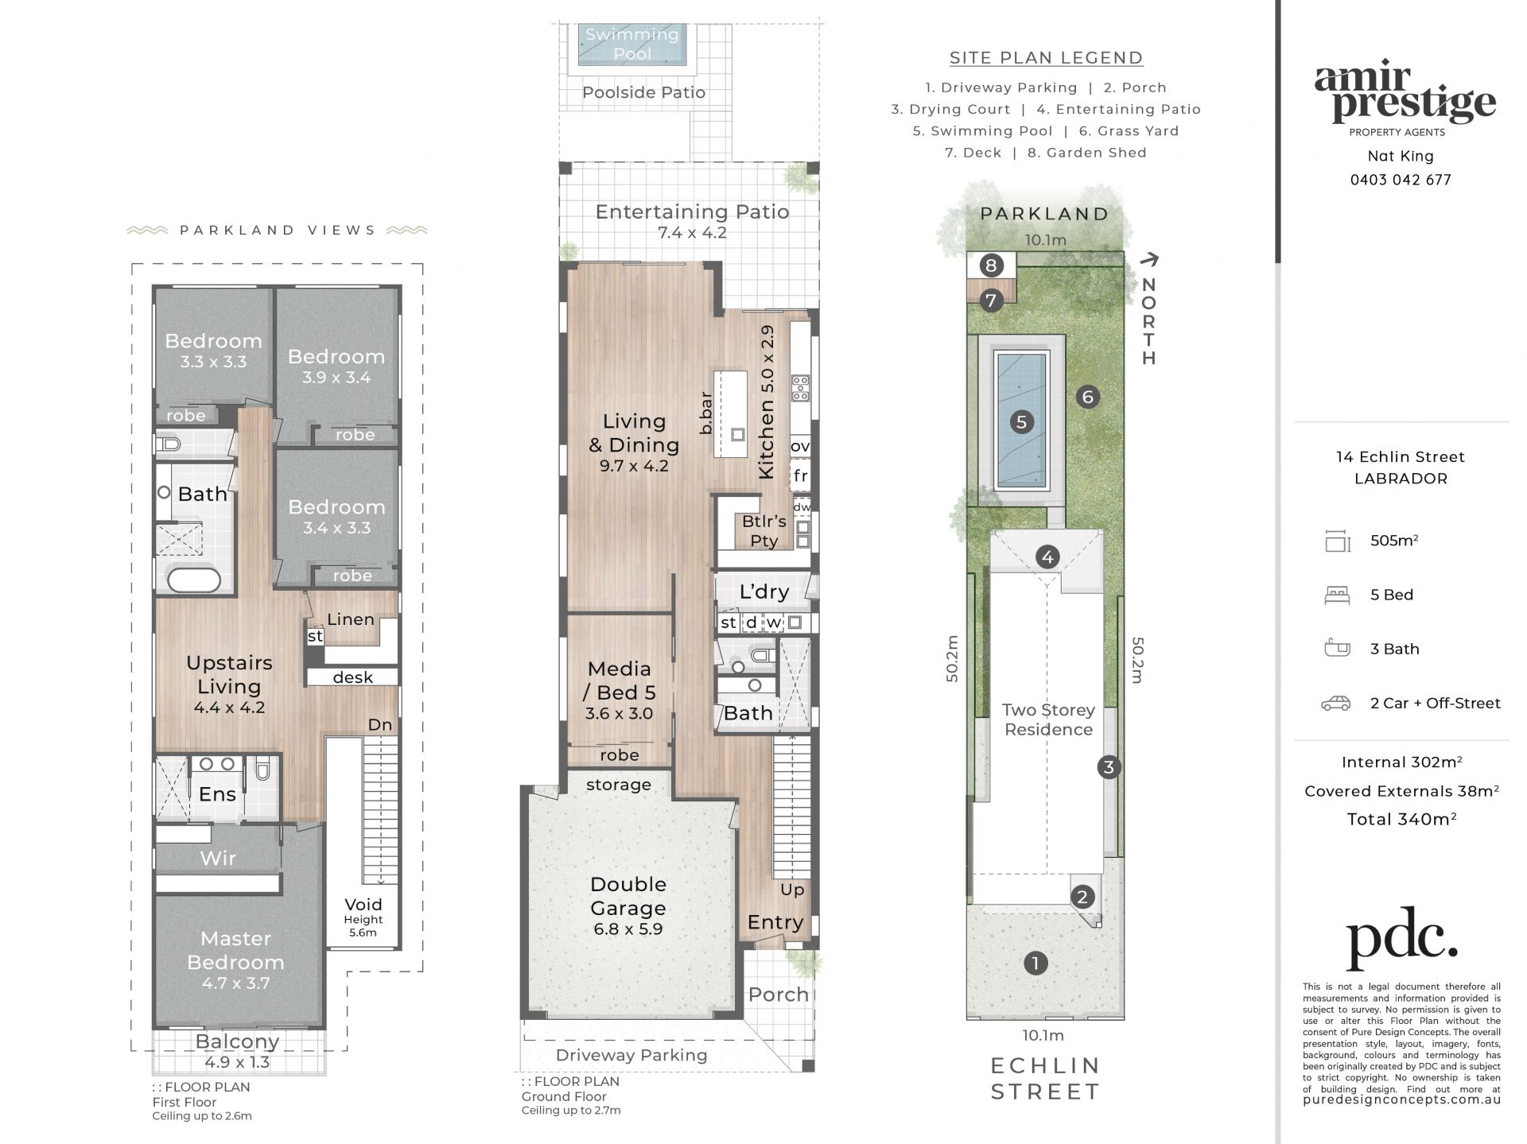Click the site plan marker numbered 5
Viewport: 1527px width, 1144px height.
(x=1021, y=421)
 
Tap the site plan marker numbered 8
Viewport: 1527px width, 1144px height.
(x=990, y=265)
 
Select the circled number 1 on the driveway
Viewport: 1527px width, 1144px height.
(x=1035, y=963)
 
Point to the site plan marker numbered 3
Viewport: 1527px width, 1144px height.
(x=1109, y=766)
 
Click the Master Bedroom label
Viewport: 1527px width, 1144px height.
(x=235, y=950)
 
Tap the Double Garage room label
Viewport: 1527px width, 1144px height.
(x=628, y=896)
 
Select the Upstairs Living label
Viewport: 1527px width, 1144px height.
(x=229, y=674)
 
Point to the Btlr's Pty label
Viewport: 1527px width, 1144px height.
(x=763, y=531)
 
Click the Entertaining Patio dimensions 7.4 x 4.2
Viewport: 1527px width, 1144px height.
(x=692, y=233)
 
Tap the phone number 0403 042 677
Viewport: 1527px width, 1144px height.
(x=1401, y=180)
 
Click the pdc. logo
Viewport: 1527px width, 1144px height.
(x=1401, y=938)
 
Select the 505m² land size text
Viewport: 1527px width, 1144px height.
(x=1394, y=541)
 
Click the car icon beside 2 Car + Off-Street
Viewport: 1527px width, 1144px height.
(x=1336, y=704)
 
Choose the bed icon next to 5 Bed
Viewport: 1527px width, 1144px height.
(x=1337, y=595)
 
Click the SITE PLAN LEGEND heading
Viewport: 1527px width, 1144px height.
(x=1046, y=58)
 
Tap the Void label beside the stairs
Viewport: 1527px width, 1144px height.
(x=363, y=905)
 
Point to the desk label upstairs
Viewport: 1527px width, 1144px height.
(x=353, y=677)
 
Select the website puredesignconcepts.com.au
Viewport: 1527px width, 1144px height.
(x=1401, y=1100)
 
